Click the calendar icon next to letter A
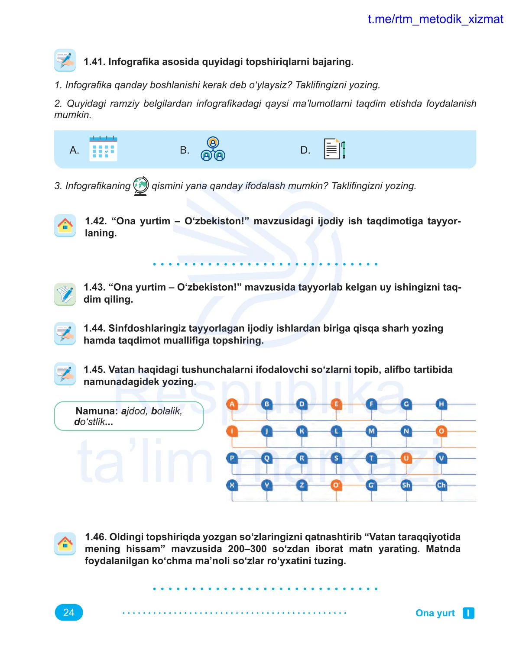(x=103, y=149)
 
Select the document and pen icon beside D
(x=334, y=149)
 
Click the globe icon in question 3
(x=141, y=186)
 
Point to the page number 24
(x=69, y=612)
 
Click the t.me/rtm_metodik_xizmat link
(x=435, y=19)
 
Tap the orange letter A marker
(x=232, y=404)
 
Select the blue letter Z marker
(x=302, y=485)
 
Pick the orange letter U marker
(x=406, y=458)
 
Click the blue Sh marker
(x=406, y=485)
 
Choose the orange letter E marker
(x=336, y=404)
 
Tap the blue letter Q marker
(x=267, y=458)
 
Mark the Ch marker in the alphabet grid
(x=441, y=485)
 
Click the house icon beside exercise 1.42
(x=65, y=225)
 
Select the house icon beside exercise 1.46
(x=65, y=543)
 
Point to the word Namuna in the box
(x=97, y=411)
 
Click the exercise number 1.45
(x=94, y=369)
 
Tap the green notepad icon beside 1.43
(x=65, y=294)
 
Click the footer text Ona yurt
(x=435, y=613)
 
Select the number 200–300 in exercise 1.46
(x=247, y=549)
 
